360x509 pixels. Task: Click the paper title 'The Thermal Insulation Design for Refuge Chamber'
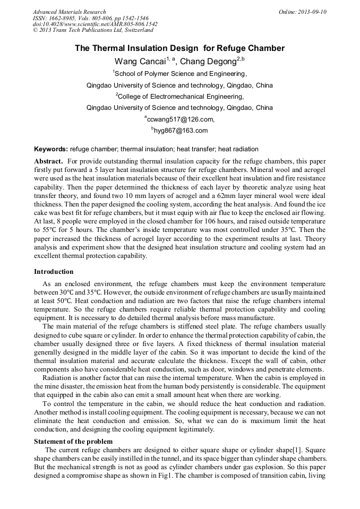pyautogui.click(x=179, y=48)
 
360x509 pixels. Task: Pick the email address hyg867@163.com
pyautogui.click(x=181, y=131)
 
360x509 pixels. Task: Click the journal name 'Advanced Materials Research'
pyautogui.click(x=69, y=12)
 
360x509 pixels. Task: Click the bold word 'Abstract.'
pyautogui.click(x=49, y=161)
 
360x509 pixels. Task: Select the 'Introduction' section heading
pyautogui.click(x=54, y=272)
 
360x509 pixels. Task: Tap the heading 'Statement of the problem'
pyautogui.click(x=73, y=441)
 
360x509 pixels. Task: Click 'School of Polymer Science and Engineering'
pyautogui.click(x=181, y=73)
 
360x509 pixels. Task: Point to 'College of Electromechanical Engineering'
pyautogui.click(x=181, y=97)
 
